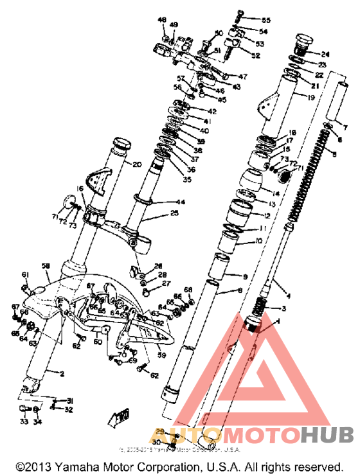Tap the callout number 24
point(325,54)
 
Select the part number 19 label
point(310,98)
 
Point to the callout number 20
point(137,164)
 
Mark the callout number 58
point(46,265)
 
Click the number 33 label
point(23,422)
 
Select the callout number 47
point(234,76)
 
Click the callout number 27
point(166,283)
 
